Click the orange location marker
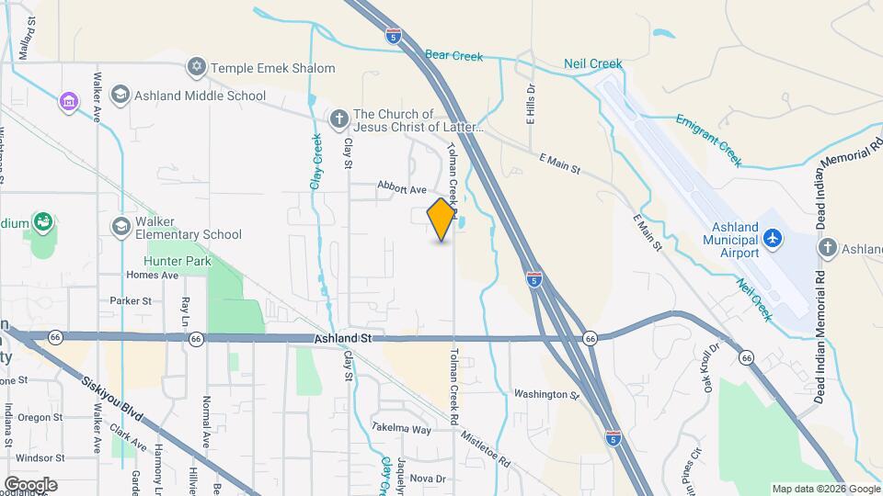pos(441,219)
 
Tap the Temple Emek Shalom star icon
pos(195,67)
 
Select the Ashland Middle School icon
pos(120,95)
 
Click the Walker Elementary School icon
pos(120,226)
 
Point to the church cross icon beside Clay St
pos(339,118)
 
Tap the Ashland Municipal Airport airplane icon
pos(773,238)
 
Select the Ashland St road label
pos(342,339)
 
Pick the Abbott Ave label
pos(402,188)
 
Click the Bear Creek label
pos(453,56)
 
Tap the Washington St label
pos(545,394)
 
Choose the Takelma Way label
pos(401,429)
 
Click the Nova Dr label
pos(428,478)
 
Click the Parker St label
pos(131,300)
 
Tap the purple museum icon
pos(69,100)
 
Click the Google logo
pos(30,484)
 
